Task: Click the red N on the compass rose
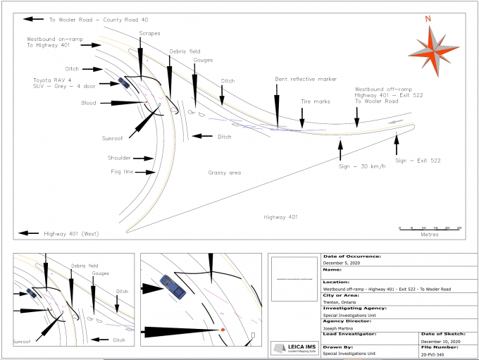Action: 428,19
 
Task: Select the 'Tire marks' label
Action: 315,101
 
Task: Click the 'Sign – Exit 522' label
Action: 418,161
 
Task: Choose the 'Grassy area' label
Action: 225,172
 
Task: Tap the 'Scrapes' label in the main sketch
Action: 149,33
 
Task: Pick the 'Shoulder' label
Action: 120,158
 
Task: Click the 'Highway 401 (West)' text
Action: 72,233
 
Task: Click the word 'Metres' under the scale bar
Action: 430,235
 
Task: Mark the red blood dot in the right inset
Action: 223,330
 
